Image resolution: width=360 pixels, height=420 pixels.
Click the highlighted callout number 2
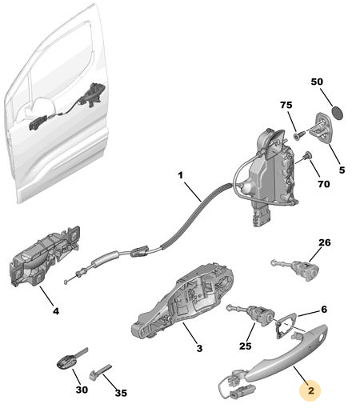(x=310, y=390)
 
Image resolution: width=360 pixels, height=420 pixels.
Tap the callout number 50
(x=317, y=82)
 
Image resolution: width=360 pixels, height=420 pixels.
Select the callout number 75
(x=286, y=105)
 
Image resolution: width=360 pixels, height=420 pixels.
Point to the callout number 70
(x=323, y=184)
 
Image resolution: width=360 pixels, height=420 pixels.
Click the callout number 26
(x=324, y=242)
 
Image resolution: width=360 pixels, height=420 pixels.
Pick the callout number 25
(x=246, y=346)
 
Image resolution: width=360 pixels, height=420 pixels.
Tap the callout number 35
(x=121, y=393)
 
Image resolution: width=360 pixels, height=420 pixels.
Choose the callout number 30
(x=82, y=390)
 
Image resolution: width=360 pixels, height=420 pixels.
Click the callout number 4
(x=56, y=311)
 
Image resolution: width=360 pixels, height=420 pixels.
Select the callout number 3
(x=199, y=349)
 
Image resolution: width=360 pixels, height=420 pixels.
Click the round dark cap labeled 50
(x=338, y=113)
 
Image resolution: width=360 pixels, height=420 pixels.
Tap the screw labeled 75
(x=300, y=134)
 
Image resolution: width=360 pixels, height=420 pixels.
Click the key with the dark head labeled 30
(x=72, y=358)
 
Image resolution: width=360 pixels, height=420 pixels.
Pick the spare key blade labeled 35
(x=101, y=372)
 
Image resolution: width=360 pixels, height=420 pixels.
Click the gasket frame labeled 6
(x=286, y=325)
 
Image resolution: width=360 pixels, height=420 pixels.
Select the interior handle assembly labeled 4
(x=44, y=256)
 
